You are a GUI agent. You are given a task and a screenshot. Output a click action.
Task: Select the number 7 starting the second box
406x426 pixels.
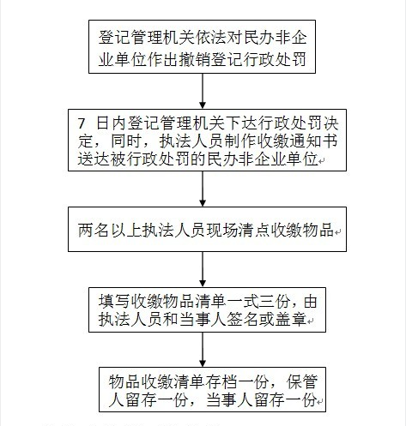click(82, 123)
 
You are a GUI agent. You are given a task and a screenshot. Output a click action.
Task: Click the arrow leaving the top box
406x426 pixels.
click(203, 91)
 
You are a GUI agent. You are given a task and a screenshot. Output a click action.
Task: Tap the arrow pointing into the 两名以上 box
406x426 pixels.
click(203, 189)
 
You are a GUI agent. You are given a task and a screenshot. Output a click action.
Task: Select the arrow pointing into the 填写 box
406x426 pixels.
click(203, 270)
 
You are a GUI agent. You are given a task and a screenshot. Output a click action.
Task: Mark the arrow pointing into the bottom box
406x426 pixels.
click(203, 350)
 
